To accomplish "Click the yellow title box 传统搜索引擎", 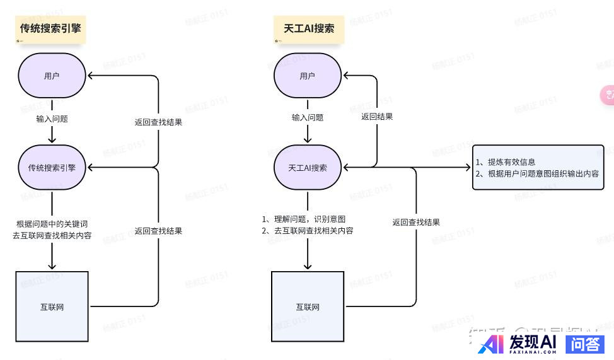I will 50,28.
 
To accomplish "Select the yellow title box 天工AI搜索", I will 309,28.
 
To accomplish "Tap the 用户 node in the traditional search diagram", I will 52,76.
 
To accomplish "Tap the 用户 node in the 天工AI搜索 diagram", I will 307,76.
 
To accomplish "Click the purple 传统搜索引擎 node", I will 52,168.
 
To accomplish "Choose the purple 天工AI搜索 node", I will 307,168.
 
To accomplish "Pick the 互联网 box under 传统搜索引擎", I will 52,307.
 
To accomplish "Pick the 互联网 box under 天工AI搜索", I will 308,307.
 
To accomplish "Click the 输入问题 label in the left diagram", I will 52,118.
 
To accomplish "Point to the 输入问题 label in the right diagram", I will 308,117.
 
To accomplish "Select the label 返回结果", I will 377,117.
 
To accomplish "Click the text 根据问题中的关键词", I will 52,224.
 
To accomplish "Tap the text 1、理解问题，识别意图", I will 304,219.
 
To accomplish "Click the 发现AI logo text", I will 533,342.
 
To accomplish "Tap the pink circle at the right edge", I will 608,95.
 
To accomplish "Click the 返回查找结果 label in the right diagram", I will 416,222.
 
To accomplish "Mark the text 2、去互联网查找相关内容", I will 308,231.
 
